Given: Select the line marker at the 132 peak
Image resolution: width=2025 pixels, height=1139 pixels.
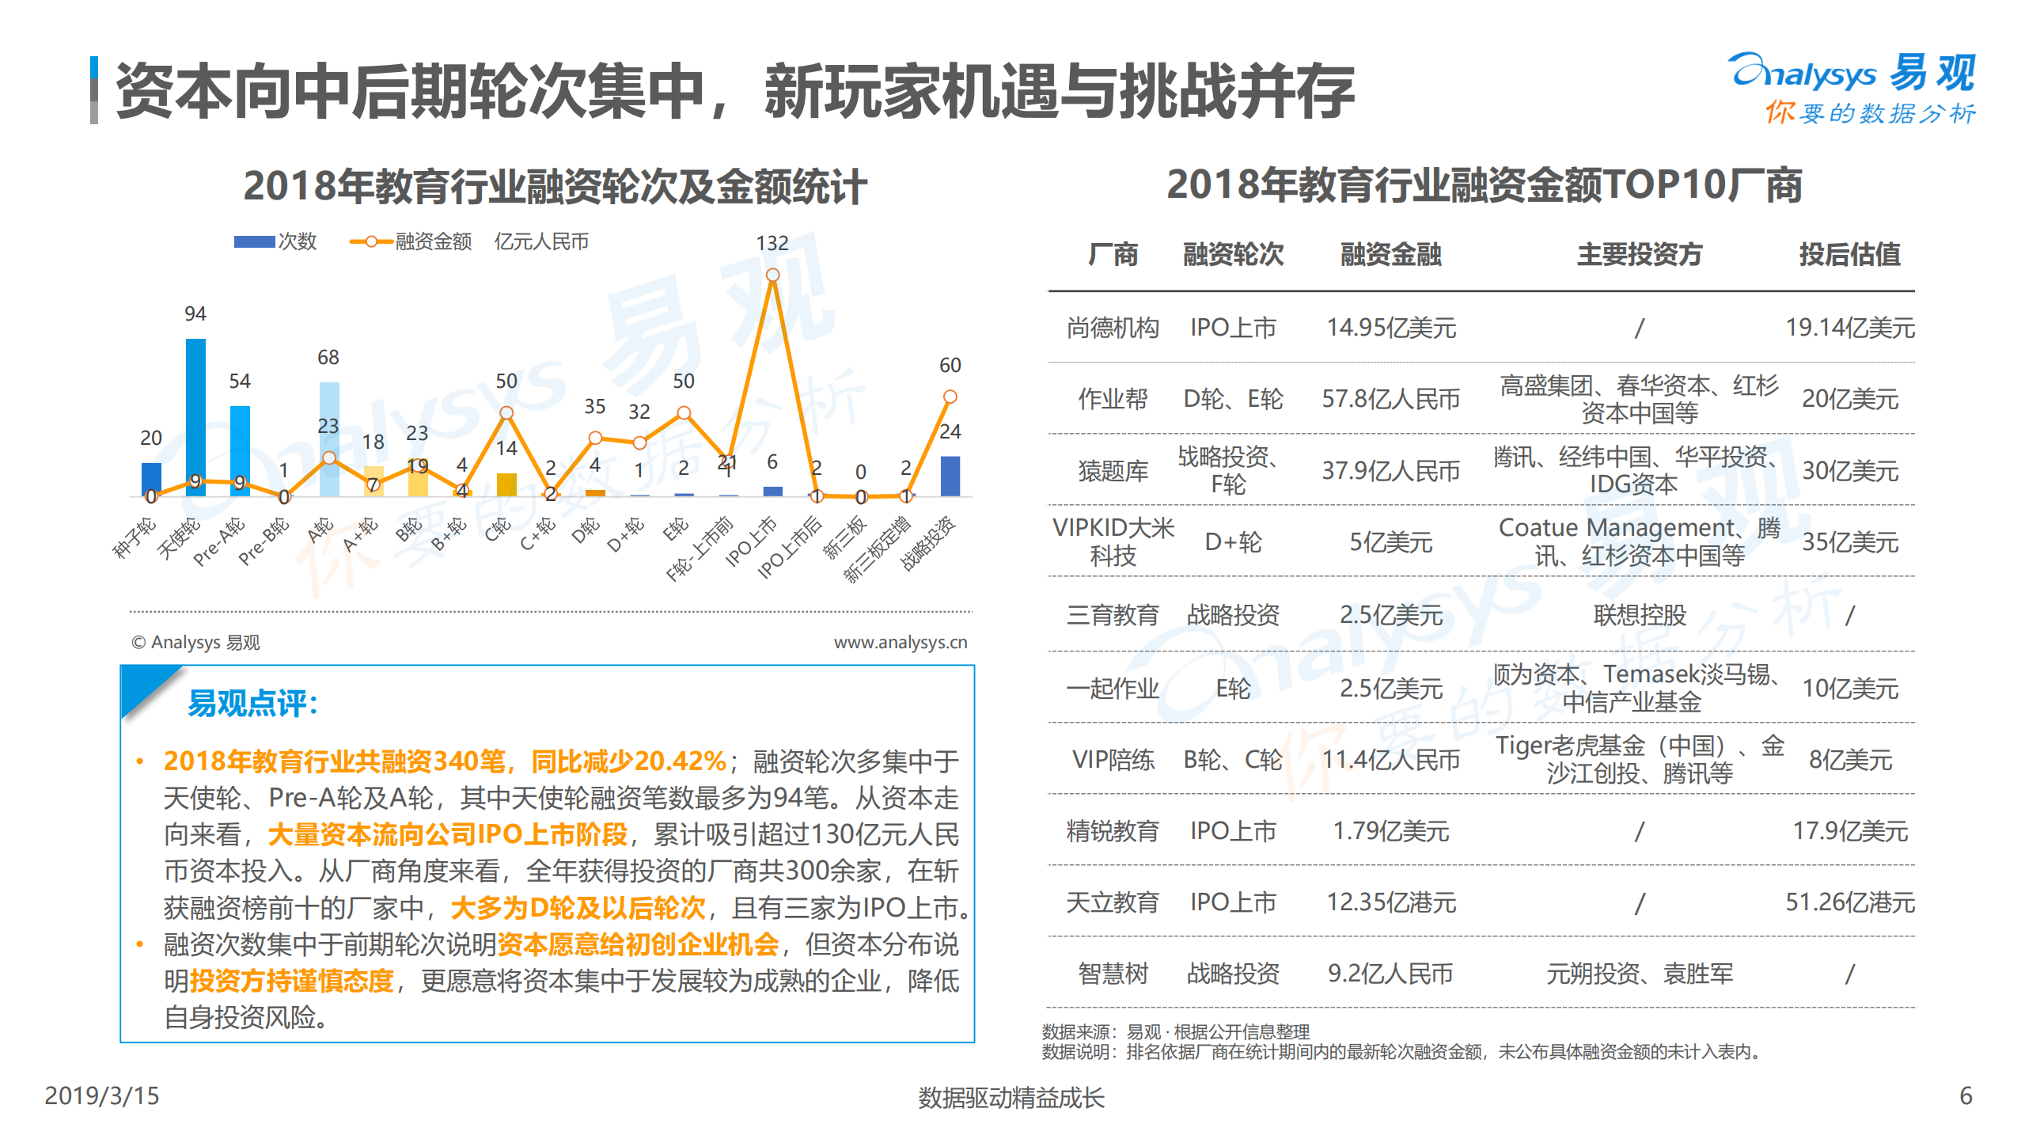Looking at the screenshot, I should (x=772, y=275).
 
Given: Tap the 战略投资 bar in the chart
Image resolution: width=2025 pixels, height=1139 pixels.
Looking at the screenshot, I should (x=950, y=476).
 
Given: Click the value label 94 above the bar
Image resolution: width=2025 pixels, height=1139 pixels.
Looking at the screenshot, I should (x=195, y=314).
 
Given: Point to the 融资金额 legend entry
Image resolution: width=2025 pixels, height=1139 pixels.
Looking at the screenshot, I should (x=411, y=241).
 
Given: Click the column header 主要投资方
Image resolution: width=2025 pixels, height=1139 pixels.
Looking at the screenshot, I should (x=1639, y=255).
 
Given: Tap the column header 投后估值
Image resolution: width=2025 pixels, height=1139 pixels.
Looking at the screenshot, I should (x=1849, y=255).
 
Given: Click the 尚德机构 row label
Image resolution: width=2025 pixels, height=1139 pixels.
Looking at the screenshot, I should (x=1113, y=328).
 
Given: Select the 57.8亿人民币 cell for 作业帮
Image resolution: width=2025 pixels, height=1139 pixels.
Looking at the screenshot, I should (x=1390, y=399).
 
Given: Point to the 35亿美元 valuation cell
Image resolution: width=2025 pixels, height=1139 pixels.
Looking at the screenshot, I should (x=1849, y=542).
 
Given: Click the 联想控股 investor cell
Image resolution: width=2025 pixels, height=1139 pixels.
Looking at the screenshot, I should (x=1639, y=615).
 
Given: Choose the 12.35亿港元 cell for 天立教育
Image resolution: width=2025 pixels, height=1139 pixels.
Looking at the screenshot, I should (x=1390, y=902).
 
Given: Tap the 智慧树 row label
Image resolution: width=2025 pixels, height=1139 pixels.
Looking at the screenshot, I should (x=1113, y=974).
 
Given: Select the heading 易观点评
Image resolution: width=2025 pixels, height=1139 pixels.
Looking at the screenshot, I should (x=252, y=703).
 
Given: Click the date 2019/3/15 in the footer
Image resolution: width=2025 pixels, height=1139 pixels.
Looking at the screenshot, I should (x=102, y=1095).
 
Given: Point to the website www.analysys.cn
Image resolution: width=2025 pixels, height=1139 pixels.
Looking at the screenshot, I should (x=900, y=642).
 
